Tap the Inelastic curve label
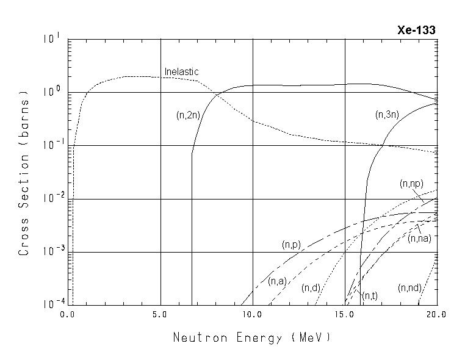point(181,72)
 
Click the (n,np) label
point(411,183)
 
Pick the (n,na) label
point(419,239)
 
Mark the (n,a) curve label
point(276,281)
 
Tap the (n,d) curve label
point(311,287)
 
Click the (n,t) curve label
point(370,296)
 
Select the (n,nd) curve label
point(409,287)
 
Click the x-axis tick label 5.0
point(160,315)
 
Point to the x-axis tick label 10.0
point(252,315)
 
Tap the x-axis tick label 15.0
point(344,315)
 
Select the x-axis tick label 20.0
point(436,315)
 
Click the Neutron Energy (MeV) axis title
point(251,337)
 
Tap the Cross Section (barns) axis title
point(24,173)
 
